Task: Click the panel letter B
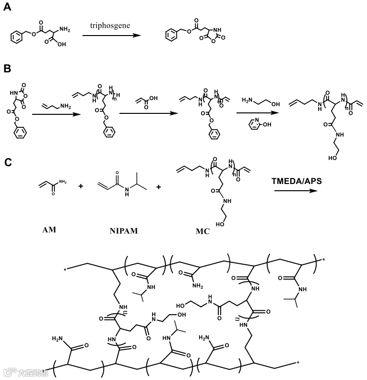(x=7, y=68)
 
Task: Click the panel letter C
(x=8, y=162)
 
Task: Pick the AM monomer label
(x=49, y=230)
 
